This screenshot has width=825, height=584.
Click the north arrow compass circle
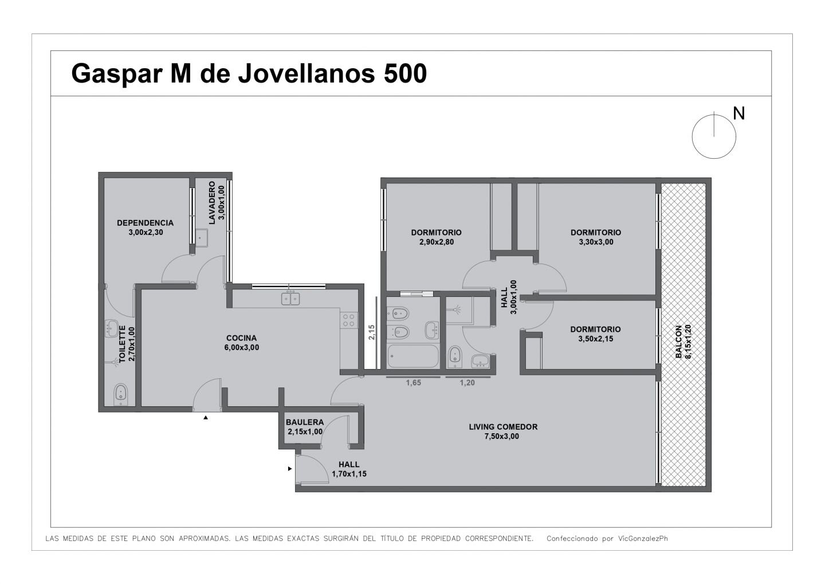[693, 137]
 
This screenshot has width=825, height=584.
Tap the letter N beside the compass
[739, 113]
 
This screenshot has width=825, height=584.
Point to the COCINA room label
[241, 338]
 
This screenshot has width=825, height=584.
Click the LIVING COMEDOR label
[503, 426]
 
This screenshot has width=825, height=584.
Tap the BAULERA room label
[305, 422]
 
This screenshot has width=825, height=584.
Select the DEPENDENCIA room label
[145, 223]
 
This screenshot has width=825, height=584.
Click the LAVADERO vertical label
[212, 203]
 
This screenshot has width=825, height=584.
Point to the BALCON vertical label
[678, 342]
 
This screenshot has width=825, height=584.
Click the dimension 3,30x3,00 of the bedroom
[596, 242]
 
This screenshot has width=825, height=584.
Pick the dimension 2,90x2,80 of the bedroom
[437, 242]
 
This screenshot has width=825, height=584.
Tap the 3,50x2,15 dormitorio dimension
[596, 339]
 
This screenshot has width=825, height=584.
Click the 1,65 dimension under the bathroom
[413, 383]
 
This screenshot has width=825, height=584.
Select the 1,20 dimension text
[467, 383]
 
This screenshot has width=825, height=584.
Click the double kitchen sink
[290, 299]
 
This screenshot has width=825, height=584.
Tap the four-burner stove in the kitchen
[349, 320]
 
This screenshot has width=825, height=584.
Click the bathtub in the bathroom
[413, 356]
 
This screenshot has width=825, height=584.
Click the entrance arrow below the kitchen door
[206, 418]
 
